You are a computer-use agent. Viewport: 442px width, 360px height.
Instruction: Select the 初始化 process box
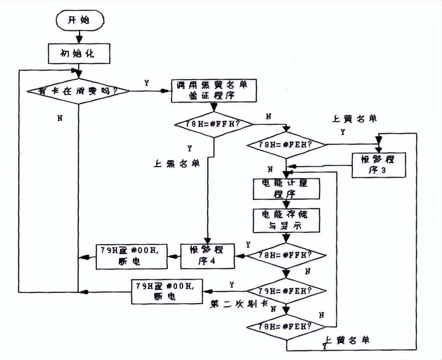(79, 53)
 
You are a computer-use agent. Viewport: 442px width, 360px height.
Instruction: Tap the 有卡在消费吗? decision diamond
(79, 91)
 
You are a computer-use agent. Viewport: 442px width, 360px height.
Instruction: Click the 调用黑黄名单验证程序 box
(214, 91)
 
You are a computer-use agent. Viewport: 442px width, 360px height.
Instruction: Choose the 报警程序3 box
(379, 165)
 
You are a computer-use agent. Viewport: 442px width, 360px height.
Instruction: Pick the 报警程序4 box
(207, 256)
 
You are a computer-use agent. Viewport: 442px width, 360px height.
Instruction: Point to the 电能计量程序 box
(286, 189)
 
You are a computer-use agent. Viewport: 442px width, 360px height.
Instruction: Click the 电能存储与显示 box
(286, 220)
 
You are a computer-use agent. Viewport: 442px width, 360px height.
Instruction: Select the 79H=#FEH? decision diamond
(286, 290)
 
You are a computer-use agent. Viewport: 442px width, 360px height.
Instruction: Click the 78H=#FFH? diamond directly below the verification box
(214, 124)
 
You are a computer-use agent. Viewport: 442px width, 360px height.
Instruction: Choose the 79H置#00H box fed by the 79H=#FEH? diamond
(167, 292)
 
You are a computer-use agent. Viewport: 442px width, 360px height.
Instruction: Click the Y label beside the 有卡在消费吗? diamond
(146, 83)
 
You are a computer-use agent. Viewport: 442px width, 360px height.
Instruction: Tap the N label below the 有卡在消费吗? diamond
(59, 119)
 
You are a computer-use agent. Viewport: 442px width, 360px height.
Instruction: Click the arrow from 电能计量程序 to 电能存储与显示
(286, 204)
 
